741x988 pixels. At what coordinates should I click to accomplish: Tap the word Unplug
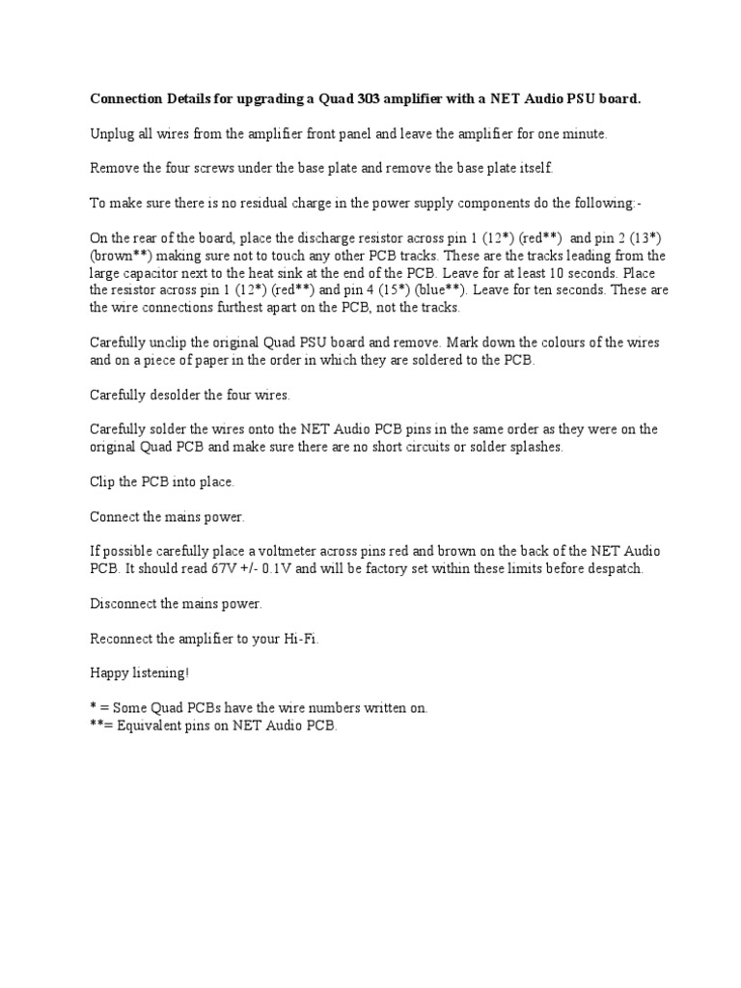point(111,134)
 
